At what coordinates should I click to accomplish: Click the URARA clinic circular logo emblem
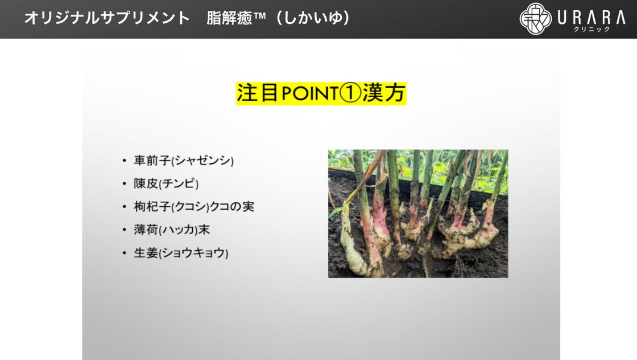click(536, 19)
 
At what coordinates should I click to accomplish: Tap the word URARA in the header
click(591, 18)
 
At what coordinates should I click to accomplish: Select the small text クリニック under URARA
click(591, 29)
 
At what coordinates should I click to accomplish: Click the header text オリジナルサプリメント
click(107, 18)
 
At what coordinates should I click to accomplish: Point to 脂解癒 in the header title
click(230, 18)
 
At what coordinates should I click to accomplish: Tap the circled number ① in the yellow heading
click(350, 93)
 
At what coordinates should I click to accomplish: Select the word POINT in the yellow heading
click(309, 93)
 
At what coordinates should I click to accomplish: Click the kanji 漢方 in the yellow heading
click(383, 93)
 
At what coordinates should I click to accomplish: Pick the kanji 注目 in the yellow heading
click(258, 93)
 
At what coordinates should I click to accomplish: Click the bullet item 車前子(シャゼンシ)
click(184, 160)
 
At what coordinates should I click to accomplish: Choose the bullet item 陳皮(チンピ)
click(166, 184)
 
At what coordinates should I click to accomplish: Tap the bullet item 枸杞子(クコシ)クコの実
click(194, 207)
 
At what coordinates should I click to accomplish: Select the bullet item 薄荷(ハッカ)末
click(172, 230)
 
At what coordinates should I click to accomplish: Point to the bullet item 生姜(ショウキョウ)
click(181, 253)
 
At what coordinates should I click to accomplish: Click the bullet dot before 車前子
click(125, 161)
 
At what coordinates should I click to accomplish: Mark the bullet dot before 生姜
click(125, 254)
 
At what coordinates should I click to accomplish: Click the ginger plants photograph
click(418, 214)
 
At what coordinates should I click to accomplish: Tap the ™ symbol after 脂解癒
click(259, 16)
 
